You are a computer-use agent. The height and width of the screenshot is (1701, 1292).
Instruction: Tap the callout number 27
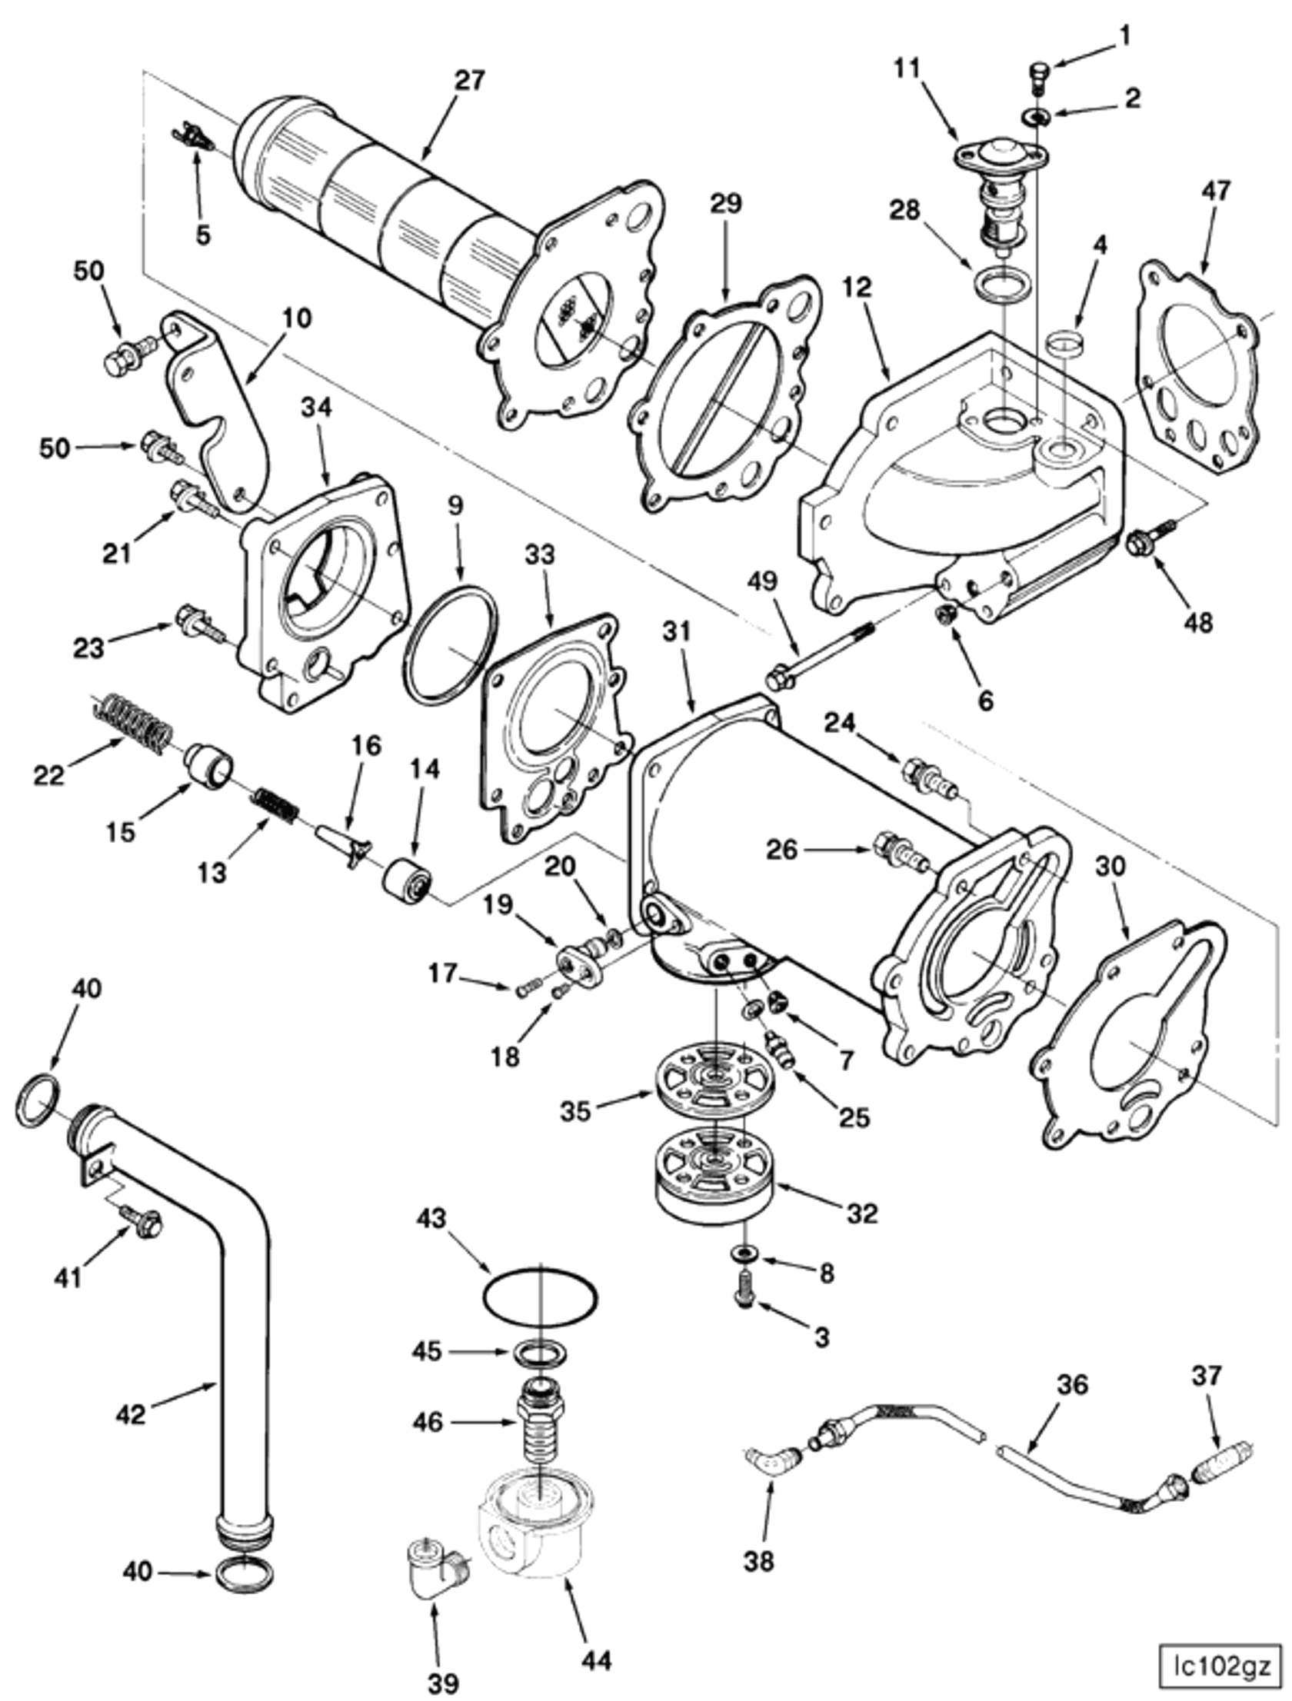tap(469, 79)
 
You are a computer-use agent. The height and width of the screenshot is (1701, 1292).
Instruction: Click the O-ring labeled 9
tap(450, 644)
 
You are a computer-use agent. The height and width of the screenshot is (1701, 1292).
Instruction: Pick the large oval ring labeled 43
tap(540, 1297)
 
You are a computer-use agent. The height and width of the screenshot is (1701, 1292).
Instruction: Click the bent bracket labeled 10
tap(219, 408)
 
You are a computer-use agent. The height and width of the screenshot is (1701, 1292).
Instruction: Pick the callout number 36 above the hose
tap(1073, 1385)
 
